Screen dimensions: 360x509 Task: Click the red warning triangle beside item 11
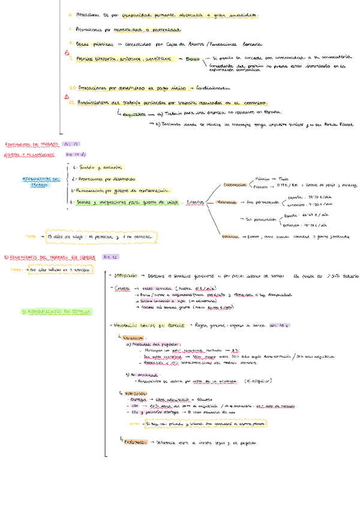[67, 96]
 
